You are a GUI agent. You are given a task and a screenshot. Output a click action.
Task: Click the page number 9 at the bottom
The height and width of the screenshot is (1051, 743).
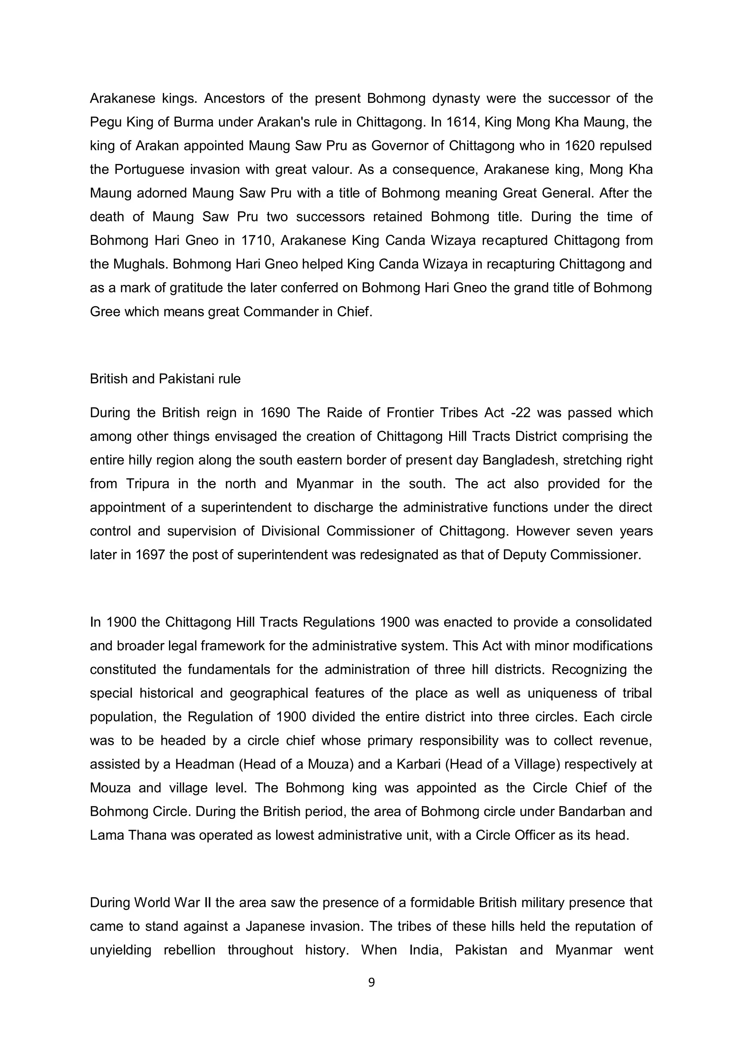[371, 982]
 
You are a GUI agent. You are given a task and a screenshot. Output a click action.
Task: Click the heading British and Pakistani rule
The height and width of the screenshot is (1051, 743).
[165, 379]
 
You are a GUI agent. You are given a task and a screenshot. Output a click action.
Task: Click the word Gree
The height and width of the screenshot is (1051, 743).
[104, 312]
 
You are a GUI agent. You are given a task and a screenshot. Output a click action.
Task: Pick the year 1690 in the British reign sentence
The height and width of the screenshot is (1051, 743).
[275, 413]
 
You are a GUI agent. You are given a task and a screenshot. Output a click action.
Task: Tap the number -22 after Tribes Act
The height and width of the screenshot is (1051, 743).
[519, 413]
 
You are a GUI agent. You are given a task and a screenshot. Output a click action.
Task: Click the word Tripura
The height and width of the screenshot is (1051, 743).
[147, 484]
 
